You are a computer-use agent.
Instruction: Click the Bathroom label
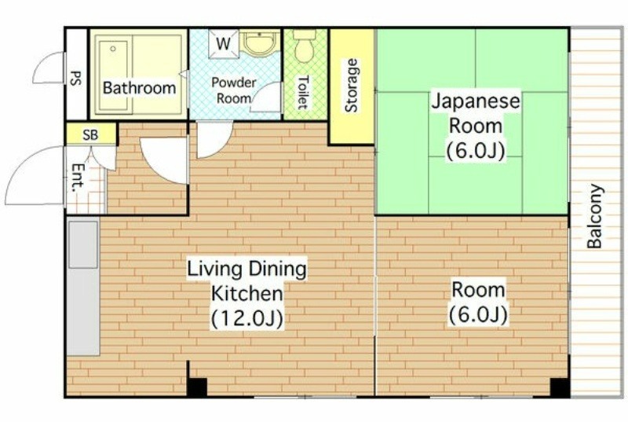click(x=140, y=88)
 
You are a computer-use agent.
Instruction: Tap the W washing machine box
click(x=224, y=44)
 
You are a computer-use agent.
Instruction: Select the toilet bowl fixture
click(x=305, y=46)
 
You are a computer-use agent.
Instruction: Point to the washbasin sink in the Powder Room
click(x=261, y=43)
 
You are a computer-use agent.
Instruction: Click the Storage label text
click(x=351, y=86)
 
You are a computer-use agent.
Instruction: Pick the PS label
click(x=75, y=78)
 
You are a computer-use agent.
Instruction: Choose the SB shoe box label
click(x=90, y=135)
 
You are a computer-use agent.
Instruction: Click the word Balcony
click(x=594, y=216)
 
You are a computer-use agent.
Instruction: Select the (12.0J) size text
click(x=247, y=318)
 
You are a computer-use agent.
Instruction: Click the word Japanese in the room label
click(x=476, y=101)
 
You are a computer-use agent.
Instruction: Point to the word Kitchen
click(x=247, y=294)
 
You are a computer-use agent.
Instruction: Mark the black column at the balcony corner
click(x=560, y=387)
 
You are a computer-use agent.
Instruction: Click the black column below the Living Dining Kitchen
click(x=197, y=387)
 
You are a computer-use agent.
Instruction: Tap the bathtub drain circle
click(x=113, y=49)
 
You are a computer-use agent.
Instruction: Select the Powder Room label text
click(x=234, y=90)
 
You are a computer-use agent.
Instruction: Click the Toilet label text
click(x=303, y=93)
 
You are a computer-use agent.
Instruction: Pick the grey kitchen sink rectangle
click(x=83, y=245)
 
